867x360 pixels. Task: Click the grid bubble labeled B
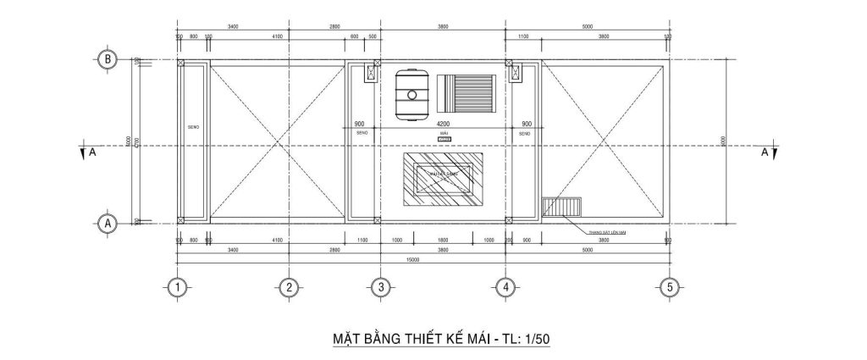pyautogui.click(x=108, y=59)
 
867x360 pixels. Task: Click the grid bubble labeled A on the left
pyautogui.click(x=108, y=224)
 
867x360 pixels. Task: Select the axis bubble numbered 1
pyautogui.click(x=177, y=287)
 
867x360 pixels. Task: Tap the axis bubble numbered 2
pyautogui.click(x=289, y=287)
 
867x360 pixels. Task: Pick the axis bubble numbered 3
pyautogui.click(x=381, y=287)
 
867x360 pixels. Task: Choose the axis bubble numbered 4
pyautogui.click(x=505, y=287)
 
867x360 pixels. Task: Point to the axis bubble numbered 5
pyautogui.click(x=669, y=287)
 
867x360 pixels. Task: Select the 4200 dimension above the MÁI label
pyautogui.click(x=445, y=125)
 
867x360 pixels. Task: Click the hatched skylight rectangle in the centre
pyautogui.click(x=445, y=180)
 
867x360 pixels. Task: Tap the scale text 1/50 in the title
pyautogui.click(x=537, y=340)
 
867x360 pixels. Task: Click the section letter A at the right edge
pyautogui.click(x=765, y=153)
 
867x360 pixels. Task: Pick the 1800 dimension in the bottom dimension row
pyautogui.click(x=445, y=241)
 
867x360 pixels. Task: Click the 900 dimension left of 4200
pyautogui.click(x=360, y=125)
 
